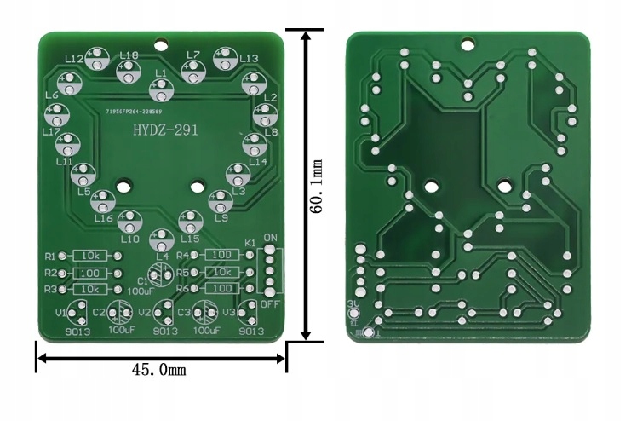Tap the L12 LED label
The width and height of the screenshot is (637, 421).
(74, 58)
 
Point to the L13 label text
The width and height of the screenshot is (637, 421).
(249, 58)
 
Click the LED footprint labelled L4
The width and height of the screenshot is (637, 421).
(162, 239)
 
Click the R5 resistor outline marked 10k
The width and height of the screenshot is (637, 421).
(221, 272)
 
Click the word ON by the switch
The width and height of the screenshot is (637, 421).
(271, 237)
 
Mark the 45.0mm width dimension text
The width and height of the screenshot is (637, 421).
(159, 369)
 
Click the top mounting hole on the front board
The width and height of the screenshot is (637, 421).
(161, 43)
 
